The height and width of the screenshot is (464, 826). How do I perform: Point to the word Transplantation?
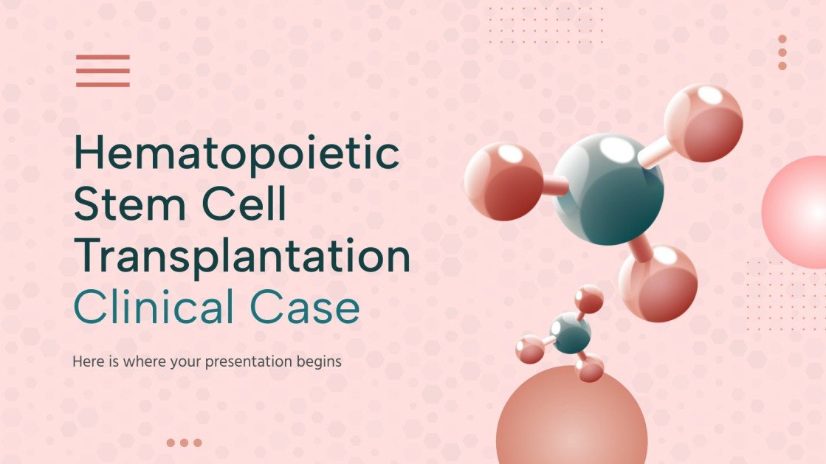tap(242, 257)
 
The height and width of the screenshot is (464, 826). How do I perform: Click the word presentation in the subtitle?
tap(256, 362)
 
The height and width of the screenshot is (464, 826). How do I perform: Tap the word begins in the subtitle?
tap(320, 362)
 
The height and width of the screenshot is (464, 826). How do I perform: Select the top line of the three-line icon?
tap(103, 57)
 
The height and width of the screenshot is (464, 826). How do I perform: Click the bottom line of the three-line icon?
tap(103, 84)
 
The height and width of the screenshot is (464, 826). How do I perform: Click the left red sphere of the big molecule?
tap(503, 181)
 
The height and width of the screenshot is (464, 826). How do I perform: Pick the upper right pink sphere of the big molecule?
tap(703, 122)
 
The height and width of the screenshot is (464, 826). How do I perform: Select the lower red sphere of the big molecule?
tap(658, 283)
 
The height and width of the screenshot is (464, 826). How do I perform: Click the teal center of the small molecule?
tap(571, 333)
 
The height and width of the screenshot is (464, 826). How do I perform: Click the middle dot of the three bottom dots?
tap(184, 443)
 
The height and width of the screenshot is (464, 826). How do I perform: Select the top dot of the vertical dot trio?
tap(782, 40)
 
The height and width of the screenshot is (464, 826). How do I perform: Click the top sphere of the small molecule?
tap(589, 299)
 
